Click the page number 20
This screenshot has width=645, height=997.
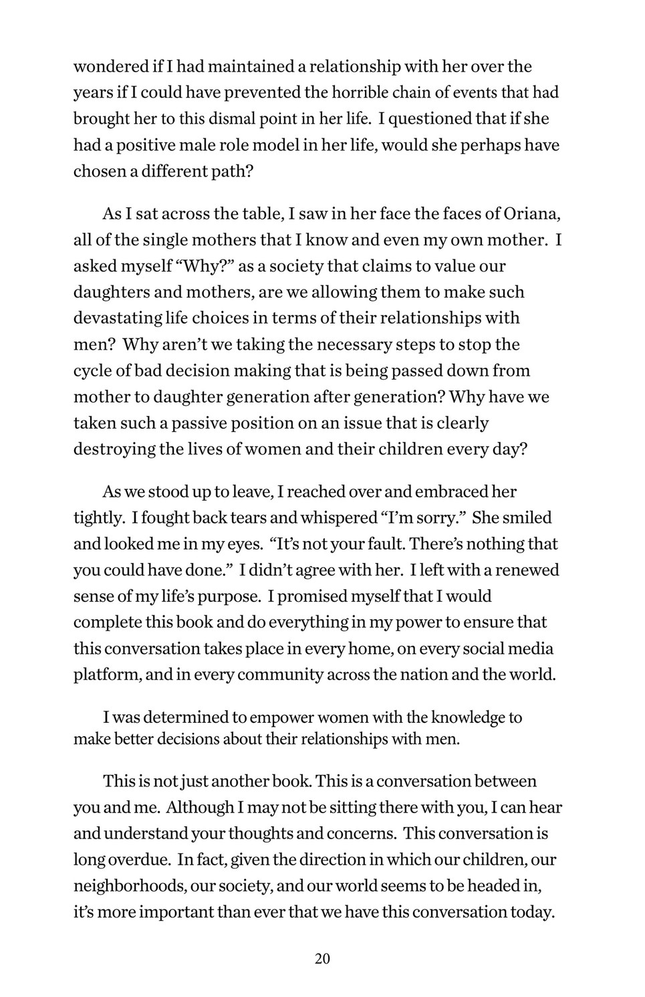[322, 959]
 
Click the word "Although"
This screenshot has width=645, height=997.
[199, 808]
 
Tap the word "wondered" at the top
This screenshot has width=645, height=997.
[110, 67]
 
